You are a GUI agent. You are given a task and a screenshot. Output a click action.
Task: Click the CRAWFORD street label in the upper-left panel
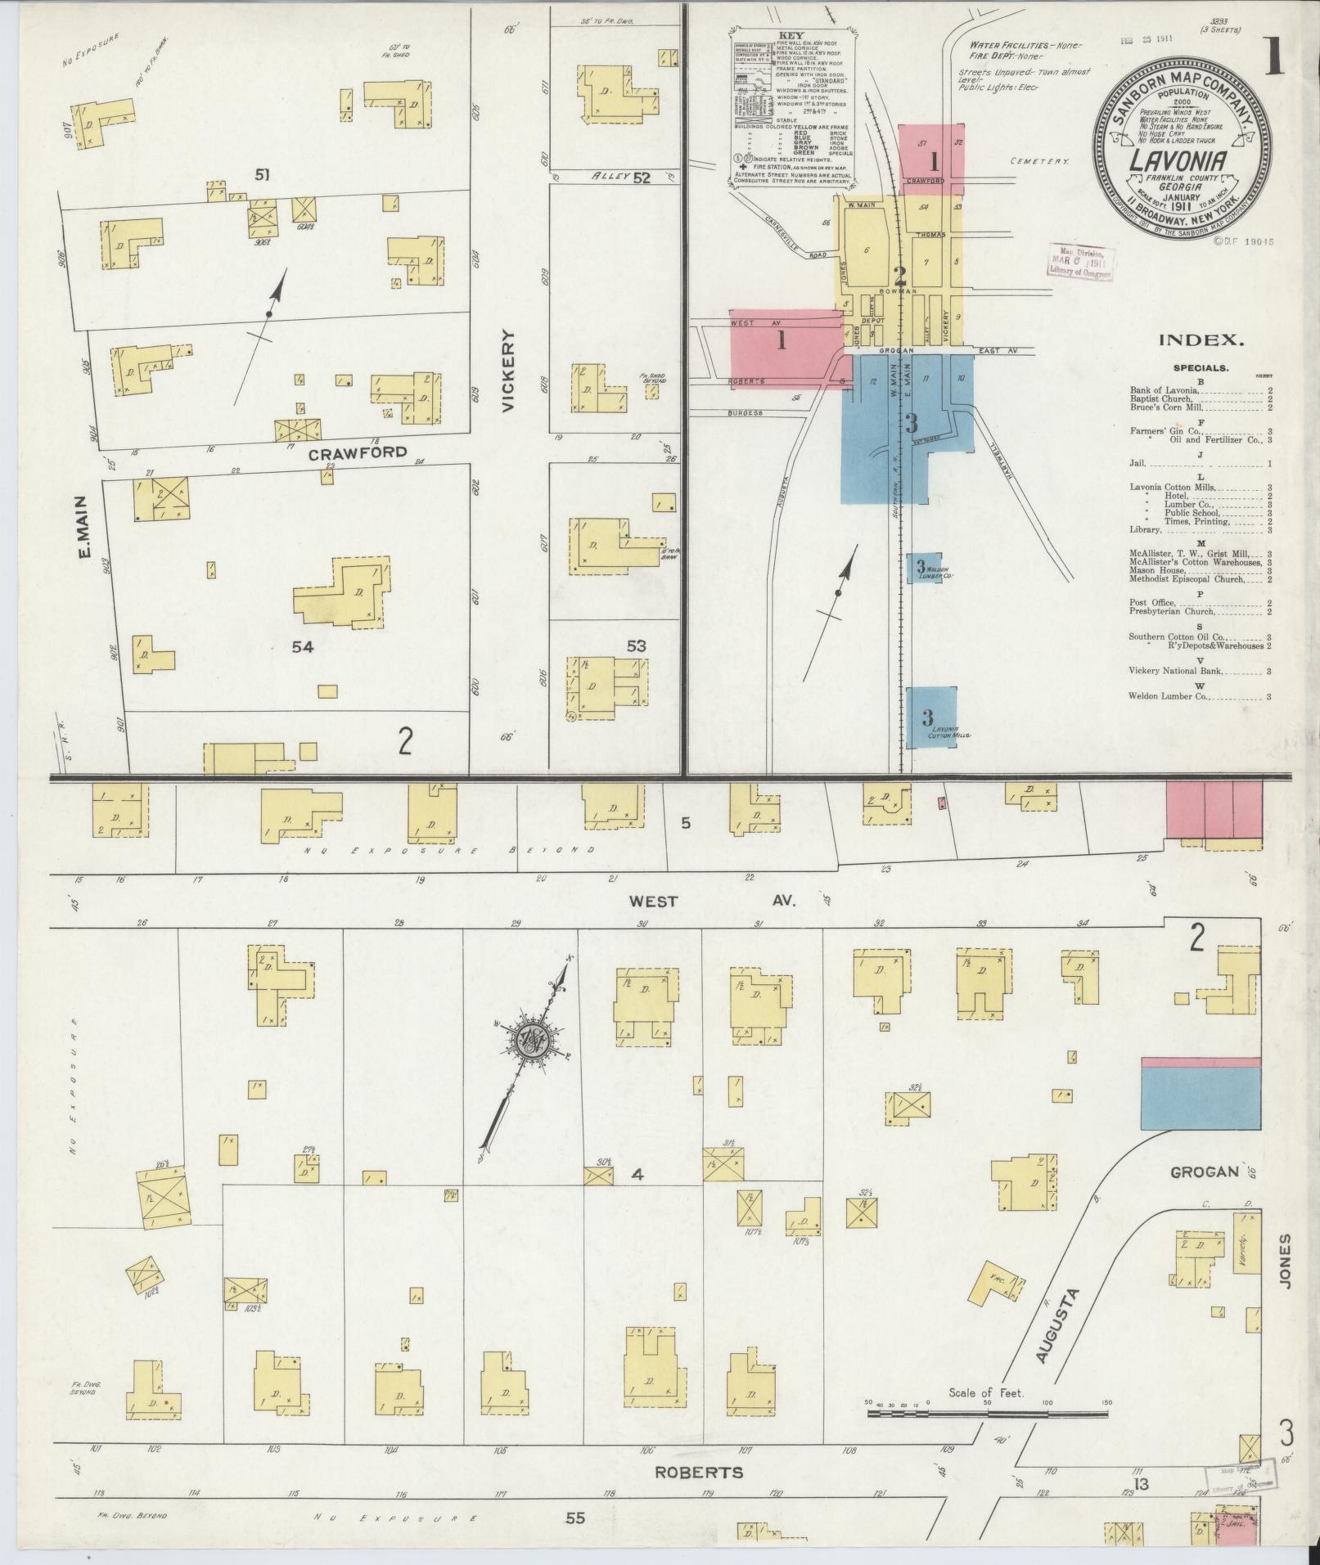tap(358, 452)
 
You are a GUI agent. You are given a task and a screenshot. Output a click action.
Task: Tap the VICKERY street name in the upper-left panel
tap(511, 371)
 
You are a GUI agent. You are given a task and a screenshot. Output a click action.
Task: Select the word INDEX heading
tap(1200, 341)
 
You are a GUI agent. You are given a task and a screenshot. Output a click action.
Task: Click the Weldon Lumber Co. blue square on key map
tap(922, 567)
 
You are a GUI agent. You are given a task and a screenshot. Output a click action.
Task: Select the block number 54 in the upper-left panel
tap(304, 646)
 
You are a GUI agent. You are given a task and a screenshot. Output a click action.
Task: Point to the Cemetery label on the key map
tap(1038, 161)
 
